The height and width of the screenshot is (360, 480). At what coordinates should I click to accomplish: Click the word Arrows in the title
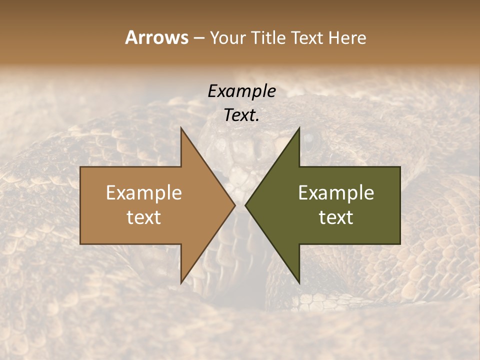coord(156,37)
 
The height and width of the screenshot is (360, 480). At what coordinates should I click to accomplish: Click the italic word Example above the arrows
coord(241,91)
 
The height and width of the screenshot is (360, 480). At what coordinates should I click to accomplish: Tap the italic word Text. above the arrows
coord(241,115)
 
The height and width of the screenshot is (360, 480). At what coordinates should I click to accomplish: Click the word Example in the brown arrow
coord(144,193)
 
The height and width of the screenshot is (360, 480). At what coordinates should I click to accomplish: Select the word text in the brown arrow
coord(144,217)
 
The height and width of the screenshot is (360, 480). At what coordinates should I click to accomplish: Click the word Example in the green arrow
coord(336,193)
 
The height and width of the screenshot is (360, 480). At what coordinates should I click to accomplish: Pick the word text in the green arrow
coord(336,217)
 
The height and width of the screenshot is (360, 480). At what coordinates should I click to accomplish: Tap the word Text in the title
coord(307,37)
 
